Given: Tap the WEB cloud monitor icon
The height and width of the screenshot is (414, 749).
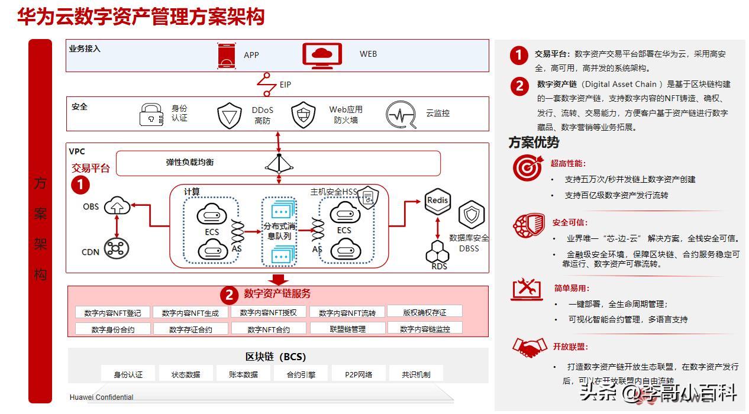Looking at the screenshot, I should coord(322,54).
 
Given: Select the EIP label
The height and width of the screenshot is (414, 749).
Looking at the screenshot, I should coord(285,85).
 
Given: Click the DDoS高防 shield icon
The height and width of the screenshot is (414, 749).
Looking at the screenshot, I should coord(230,115).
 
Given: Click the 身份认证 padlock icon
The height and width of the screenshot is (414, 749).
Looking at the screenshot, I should coord(151,114).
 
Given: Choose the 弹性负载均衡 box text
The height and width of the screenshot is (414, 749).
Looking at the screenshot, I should coord(189,162).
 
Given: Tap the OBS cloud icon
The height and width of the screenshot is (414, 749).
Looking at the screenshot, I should coord(117,207).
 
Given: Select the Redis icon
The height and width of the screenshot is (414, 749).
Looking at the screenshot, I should coord(438,200).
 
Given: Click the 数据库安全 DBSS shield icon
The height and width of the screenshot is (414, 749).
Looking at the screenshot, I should coord(472,215).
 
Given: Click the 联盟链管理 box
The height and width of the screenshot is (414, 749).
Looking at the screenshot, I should coord(347,329).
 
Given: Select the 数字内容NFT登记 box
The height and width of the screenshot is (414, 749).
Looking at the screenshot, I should coord(112,313).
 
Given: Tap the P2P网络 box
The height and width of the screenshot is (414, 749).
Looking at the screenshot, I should coord(359,374).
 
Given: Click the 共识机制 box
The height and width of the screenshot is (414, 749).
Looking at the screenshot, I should coord(416,374).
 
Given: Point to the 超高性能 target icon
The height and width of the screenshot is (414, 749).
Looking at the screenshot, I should coord(527,168).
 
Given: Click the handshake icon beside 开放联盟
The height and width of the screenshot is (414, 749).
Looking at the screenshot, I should coord(528,347).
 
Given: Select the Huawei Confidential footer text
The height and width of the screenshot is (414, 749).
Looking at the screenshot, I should coord(101,397).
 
